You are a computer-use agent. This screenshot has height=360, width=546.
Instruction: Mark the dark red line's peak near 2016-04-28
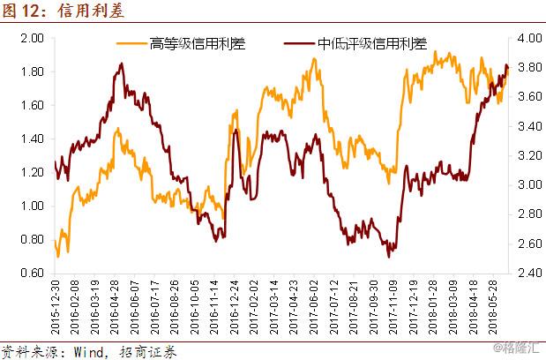tap(120, 64)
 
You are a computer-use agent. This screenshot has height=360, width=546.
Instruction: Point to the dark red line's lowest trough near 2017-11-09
tap(389, 256)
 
